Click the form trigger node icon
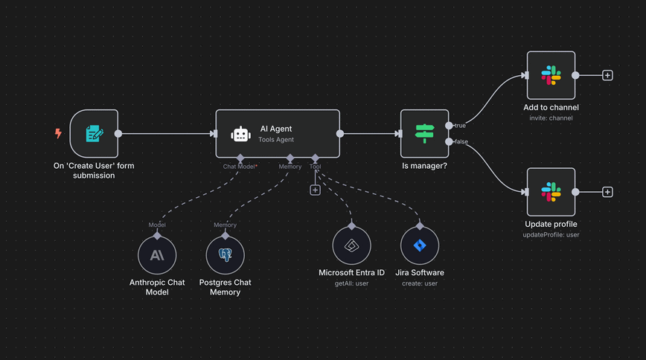coord(94,134)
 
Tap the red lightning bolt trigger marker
coord(58,134)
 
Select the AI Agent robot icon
coord(240,134)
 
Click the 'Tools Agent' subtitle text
coord(276,140)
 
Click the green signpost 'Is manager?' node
coord(424,134)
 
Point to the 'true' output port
coord(449,126)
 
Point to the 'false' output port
coord(449,141)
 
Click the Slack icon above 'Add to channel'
coord(551,75)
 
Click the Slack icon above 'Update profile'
coord(551,192)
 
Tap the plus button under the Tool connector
coord(315,190)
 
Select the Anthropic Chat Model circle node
coord(157,255)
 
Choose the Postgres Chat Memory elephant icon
coord(225,255)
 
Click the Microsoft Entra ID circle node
coord(351,245)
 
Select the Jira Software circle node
coord(420,245)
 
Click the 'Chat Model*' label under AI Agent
coord(240,167)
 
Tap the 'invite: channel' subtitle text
coord(551,118)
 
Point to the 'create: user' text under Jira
coord(420,283)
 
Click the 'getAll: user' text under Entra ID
coord(351,283)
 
